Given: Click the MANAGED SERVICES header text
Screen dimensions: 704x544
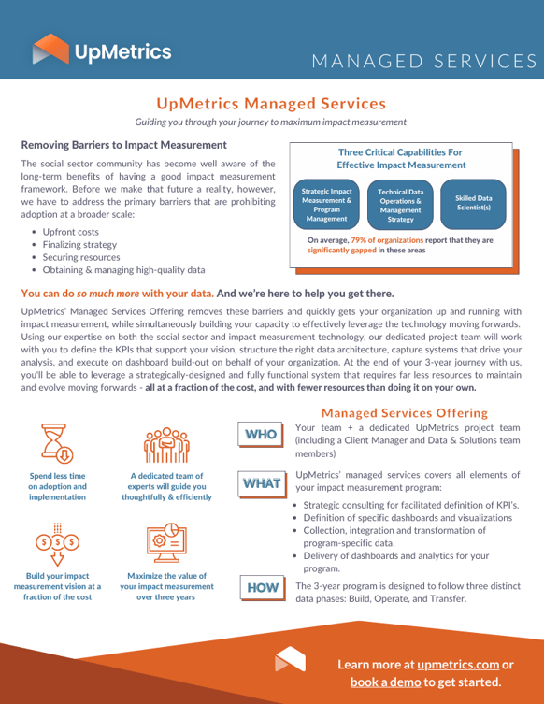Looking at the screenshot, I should tap(423, 61).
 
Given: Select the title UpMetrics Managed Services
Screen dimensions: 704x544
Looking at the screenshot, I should tap(271, 103).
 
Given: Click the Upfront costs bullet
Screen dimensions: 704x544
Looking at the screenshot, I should tap(71, 231).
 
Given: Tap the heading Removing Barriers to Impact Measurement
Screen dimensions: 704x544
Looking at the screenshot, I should tap(123, 146).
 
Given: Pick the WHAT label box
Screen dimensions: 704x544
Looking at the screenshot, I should tap(262, 483).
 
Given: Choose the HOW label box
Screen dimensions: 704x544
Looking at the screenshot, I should tap(262, 587).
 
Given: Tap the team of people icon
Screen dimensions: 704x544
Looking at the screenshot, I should tap(165, 446).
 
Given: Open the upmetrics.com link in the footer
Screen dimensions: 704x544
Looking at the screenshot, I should tap(458, 665).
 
